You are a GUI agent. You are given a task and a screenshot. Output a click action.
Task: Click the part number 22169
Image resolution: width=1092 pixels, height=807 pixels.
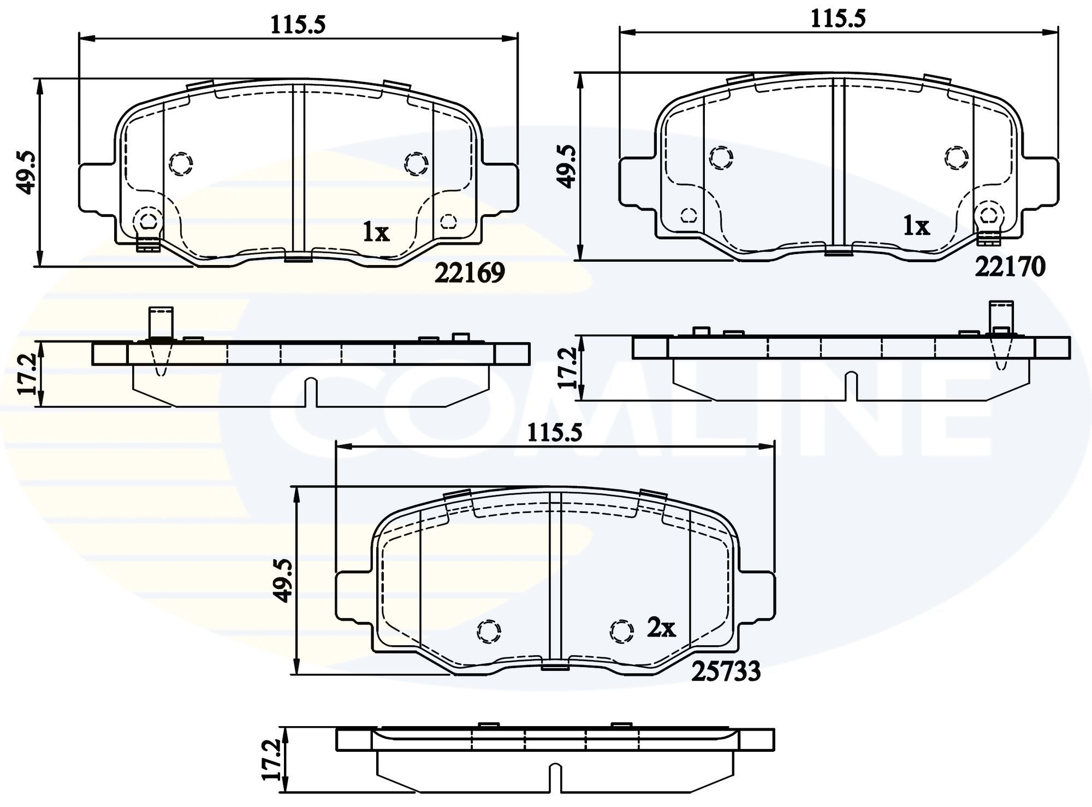[x=469, y=273]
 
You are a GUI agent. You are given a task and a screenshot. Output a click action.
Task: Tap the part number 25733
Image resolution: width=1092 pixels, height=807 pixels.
[x=726, y=671]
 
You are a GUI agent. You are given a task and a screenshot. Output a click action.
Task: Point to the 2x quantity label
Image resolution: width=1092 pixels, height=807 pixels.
[x=661, y=628]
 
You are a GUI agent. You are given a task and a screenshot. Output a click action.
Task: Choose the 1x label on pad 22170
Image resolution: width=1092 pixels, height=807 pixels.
[x=916, y=226]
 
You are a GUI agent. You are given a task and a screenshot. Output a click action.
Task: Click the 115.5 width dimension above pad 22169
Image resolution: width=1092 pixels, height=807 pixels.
[x=298, y=25]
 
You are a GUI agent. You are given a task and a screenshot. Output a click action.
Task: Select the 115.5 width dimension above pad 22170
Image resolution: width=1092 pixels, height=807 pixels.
[x=838, y=19]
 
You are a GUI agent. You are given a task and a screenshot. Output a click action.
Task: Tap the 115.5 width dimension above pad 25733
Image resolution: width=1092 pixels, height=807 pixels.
[x=555, y=433]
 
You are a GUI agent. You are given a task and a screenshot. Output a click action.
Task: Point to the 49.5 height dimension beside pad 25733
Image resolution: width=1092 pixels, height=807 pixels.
[x=284, y=580]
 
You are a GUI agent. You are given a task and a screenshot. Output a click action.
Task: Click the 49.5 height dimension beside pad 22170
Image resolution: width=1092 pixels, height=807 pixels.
[x=568, y=167]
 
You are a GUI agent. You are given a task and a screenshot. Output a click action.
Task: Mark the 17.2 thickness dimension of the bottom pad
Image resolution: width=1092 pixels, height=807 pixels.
[x=271, y=759]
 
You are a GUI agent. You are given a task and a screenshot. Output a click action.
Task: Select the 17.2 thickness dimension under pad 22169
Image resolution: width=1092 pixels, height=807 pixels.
[x=28, y=374]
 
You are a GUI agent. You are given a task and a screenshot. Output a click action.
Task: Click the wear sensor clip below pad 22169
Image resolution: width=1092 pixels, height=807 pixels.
[x=148, y=245]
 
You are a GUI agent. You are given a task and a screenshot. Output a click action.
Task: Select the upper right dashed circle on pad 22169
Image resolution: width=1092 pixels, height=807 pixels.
[x=416, y=163]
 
